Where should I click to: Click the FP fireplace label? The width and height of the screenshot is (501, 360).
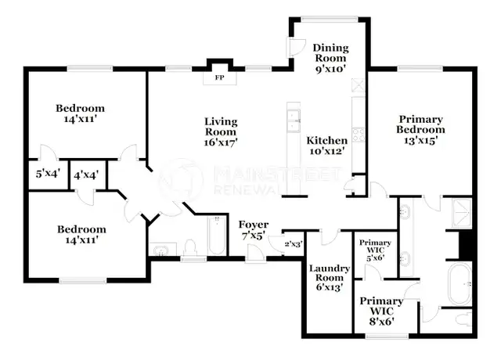tap(219, 77)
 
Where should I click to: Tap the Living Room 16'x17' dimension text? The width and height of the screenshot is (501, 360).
tap(221, 142)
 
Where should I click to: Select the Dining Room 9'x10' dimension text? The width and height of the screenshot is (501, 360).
tap(330, 69)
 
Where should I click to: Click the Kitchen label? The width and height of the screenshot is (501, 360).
tap(327, 140)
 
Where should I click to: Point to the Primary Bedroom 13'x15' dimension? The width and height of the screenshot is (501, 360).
tap(420, 140)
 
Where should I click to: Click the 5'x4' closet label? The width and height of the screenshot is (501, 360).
tap(48, 174)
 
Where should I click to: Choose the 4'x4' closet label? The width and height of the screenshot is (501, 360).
tap(86, 175)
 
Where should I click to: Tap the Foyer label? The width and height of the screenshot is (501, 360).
tap(254, 225)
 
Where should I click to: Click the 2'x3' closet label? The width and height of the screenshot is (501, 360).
tap(294, 244)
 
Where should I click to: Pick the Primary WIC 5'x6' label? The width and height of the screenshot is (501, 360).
tap(375, 250)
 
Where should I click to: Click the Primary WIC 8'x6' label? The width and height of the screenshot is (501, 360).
tap(381, 311)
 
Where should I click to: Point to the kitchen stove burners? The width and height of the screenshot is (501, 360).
tap(359, 135)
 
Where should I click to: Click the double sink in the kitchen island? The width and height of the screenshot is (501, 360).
tap(294, 121)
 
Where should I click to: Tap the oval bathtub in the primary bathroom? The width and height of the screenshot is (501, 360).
tap(460, 283)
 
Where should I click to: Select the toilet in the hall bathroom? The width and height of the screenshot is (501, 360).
tap(191, 247)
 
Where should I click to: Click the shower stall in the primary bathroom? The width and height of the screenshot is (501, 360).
tap(461, 213)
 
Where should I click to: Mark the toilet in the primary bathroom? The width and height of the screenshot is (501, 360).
tap(463, 319)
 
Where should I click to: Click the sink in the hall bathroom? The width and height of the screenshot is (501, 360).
tap(162, 250)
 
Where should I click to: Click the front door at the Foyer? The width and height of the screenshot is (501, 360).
tap(255, 254)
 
